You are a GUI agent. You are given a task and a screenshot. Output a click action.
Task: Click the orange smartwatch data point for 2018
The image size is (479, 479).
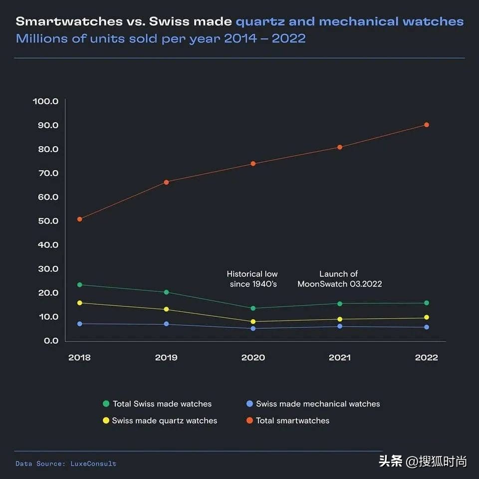[79, 219]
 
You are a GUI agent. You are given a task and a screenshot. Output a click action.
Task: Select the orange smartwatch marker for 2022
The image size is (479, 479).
[426, 125]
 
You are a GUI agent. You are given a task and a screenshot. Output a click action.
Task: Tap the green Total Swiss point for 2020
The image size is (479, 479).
[253, 308]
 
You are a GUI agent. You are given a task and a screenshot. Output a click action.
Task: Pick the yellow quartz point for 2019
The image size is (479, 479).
[166, 309]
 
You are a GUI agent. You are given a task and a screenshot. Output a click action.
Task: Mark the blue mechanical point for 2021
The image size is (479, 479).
[340, 326]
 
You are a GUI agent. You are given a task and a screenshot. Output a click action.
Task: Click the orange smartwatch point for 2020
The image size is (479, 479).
[253, 164]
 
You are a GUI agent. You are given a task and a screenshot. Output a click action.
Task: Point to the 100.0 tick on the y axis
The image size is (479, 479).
[46, 101]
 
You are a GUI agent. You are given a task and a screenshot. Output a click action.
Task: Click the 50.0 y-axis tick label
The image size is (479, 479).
[46, 221]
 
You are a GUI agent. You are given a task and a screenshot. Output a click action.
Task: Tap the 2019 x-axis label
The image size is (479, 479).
[166, 358]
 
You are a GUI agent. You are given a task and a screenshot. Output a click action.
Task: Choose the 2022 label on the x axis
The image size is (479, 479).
[426, 358]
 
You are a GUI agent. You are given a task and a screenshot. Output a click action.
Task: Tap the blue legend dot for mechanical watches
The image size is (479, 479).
[249, 404]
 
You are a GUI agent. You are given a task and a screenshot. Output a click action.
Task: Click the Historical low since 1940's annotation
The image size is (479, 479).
[252, 279]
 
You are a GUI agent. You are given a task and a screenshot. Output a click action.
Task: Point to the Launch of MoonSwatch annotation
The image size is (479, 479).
[339, 279]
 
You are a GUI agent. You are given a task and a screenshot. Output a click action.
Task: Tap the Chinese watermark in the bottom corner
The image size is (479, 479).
[423, 461]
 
